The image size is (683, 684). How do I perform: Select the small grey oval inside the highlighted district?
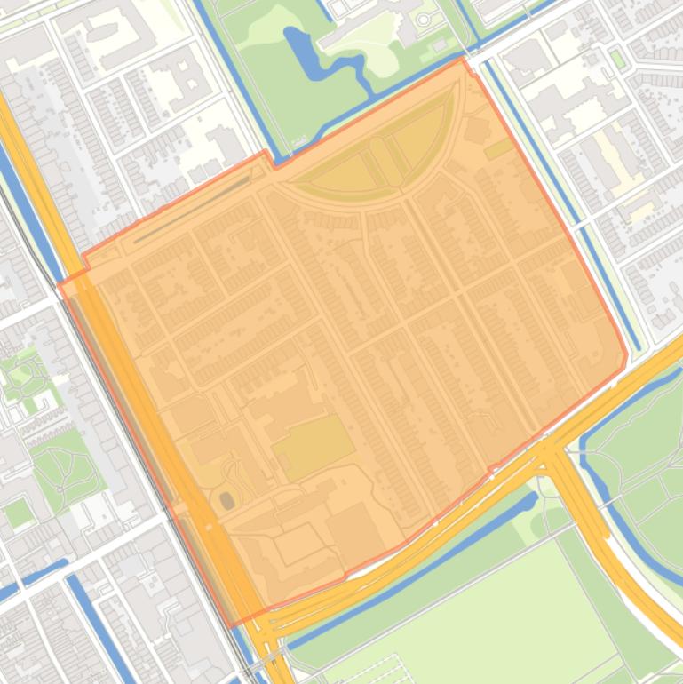coord(227,501)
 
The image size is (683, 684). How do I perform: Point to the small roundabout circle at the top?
coord(425,19)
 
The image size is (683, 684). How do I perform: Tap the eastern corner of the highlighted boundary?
coord(627,355)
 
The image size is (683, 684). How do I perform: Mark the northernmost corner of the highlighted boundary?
coord(462,58)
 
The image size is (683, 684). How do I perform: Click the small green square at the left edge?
coord(18,513)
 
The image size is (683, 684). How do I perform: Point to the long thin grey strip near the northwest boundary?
coord(191,210)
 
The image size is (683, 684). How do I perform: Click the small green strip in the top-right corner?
coord(617,60)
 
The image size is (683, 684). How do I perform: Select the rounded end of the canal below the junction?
coord(532,502)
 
